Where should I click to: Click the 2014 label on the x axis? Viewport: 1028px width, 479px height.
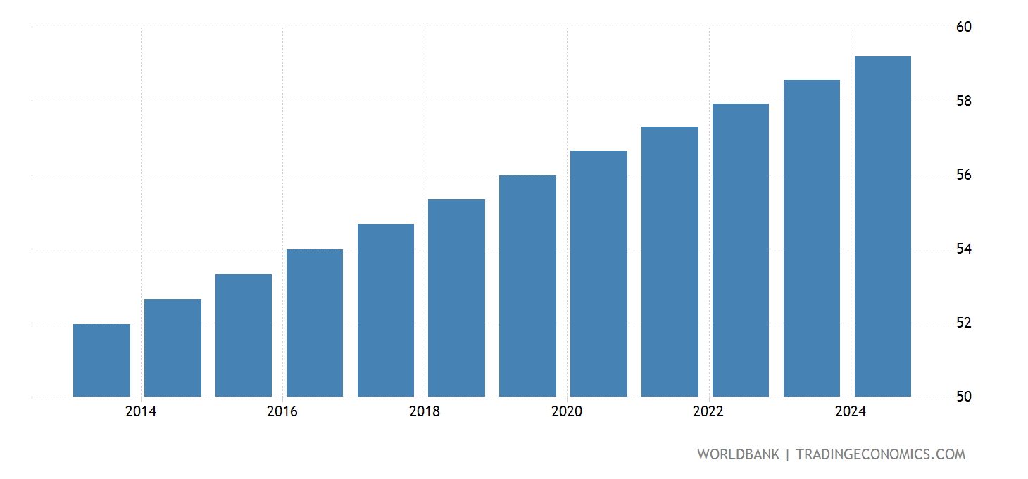(141, 412)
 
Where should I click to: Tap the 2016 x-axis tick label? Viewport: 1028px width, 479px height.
(282, 412)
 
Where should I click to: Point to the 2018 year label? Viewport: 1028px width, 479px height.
(425, 412)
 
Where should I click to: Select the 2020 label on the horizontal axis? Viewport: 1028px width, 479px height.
(567, 412)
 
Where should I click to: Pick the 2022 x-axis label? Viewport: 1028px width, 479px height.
(708, 412)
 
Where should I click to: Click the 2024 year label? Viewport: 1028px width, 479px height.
(851, 412)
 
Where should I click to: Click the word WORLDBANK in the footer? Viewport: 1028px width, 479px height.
(738, 454)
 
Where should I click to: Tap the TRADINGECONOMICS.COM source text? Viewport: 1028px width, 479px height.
(880, 454)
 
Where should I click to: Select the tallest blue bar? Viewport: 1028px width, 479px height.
(882, 225)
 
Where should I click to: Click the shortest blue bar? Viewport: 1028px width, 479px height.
(101, 360)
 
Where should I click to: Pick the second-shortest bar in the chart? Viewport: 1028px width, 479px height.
(173, 348)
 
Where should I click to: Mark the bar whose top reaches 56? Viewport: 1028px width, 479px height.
(527, 285)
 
